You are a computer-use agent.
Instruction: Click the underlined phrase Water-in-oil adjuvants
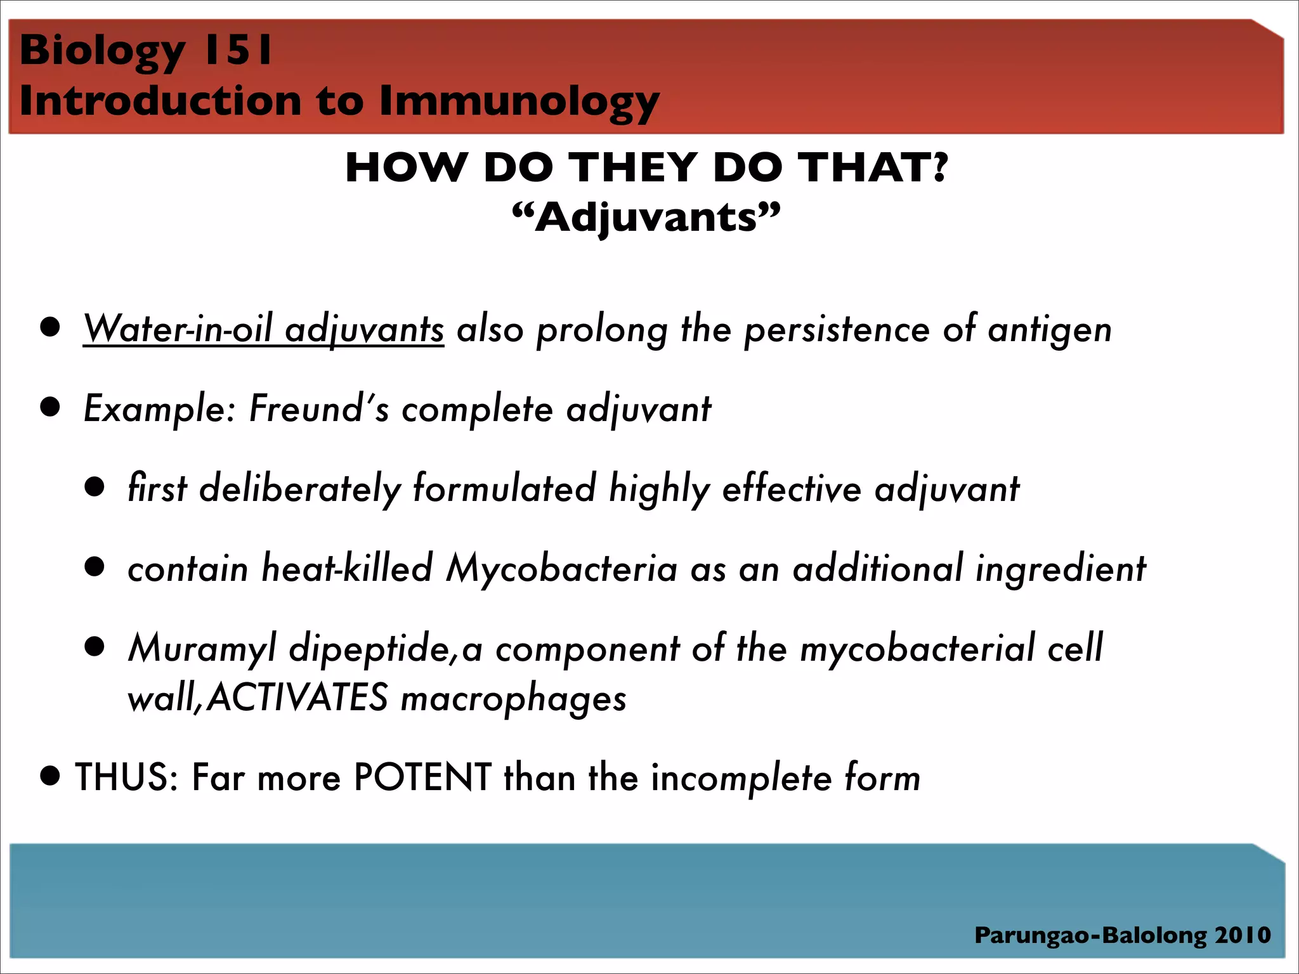263,330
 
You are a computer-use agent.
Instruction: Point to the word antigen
1050,330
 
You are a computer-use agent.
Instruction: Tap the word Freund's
318,409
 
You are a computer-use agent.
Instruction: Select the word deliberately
299,489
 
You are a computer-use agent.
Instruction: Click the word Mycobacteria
561,568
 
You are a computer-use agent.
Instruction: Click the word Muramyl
202,648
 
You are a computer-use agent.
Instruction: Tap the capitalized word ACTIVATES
297,698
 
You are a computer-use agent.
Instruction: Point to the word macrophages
514,699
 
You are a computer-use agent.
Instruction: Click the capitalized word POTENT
422,777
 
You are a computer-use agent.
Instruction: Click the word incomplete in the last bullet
741,778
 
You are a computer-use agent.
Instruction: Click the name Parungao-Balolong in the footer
1090,935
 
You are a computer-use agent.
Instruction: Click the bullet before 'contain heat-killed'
95,566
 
